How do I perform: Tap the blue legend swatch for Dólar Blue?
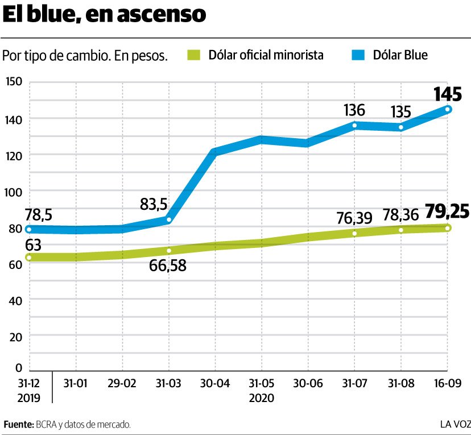click(x=359, y=55)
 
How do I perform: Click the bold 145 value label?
click(x=448, y=93)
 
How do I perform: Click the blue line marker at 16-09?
click(x=448, y=109)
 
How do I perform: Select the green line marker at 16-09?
click(x=448, y=228)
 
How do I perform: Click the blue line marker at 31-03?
click(x=169, y=219)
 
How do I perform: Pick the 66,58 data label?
click(x=168, y=265)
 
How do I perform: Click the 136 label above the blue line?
click(x=354, y=110)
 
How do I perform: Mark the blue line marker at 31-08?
click(x=401, y=127)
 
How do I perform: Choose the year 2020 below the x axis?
click(x=262, y=398)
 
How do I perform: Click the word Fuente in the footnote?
click(x=18, y=424)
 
